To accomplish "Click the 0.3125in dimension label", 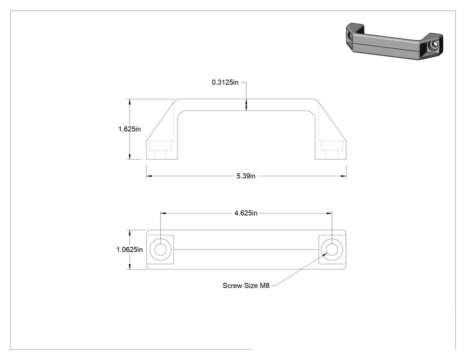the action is pyautogui.click(x=225, y=83).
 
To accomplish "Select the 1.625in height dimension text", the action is pyautogui.click(x=129, y=129).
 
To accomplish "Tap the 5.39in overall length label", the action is pyautogui.click(x=246, y=176).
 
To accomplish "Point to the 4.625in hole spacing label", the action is pyautogui.click(x=246, y=213).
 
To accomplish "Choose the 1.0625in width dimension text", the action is pyautogui.click(x=129, y=249).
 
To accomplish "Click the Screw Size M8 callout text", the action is pyautogui.click(x=246, y=285).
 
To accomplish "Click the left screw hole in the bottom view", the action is pyautogui.click(x=161, y=249).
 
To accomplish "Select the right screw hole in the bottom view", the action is pyautogui.click(x=332, y=249).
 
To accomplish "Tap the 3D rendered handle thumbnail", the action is pyautogui.click(x=395, y=41).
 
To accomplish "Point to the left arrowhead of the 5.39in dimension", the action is pyautogui.click(x=149, y=176).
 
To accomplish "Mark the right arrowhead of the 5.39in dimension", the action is pyautogui.click(x=344, y=176).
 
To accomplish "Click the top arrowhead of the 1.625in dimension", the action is pyautogui.click(x=129, y=102).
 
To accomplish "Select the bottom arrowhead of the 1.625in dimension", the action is pyautogui.click(x=129, y=156).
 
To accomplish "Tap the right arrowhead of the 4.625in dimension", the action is pyautogui.click(x=329, y=213).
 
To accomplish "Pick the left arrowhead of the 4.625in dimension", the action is pyautogui.click(x=163, y=213).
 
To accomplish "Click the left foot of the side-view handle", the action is pyautogui.click(x=162, y=150).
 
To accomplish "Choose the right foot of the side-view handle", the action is pyautogui.click(x=331, y=150).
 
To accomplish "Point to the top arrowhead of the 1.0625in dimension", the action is pyautogui.click(x=129, y=233).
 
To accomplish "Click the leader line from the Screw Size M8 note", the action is pyautogui.click(x=299, y=269).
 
